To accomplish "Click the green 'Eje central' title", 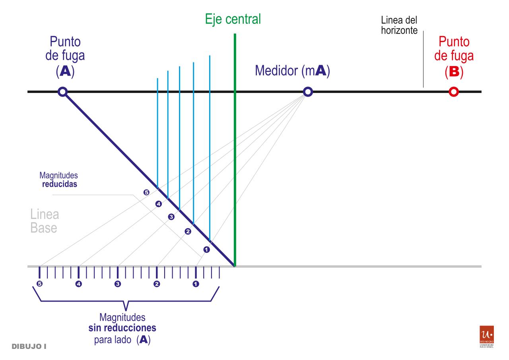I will [233, 19].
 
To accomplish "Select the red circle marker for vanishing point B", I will [453, 92].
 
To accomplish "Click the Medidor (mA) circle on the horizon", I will [308, 92].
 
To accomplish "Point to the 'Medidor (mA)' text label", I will [293, 71].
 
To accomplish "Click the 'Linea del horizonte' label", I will [399, 25].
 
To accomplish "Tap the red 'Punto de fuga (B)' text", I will [454, 56].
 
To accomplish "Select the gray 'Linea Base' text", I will [45, 222].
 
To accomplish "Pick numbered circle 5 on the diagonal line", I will [146, 193].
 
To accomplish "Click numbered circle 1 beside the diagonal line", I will [206, 250].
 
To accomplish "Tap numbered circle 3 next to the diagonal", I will [171, 217].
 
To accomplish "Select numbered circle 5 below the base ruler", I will [39, 284].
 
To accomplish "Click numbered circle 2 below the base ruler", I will [157, 284].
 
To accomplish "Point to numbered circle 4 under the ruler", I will [78, 284].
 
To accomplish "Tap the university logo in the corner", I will [487, 336].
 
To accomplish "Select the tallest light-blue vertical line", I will [210, 147].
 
